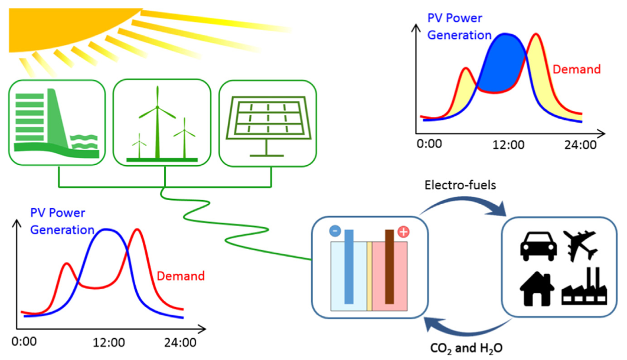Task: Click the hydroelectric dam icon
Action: point(57,123)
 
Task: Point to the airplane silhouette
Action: point(581,245)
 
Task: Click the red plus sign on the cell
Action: point(403,231)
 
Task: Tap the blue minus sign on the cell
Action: point(335,231)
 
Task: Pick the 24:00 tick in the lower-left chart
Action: point(181,342)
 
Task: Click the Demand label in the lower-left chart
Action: point(181,276)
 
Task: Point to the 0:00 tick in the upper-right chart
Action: point(429,145)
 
